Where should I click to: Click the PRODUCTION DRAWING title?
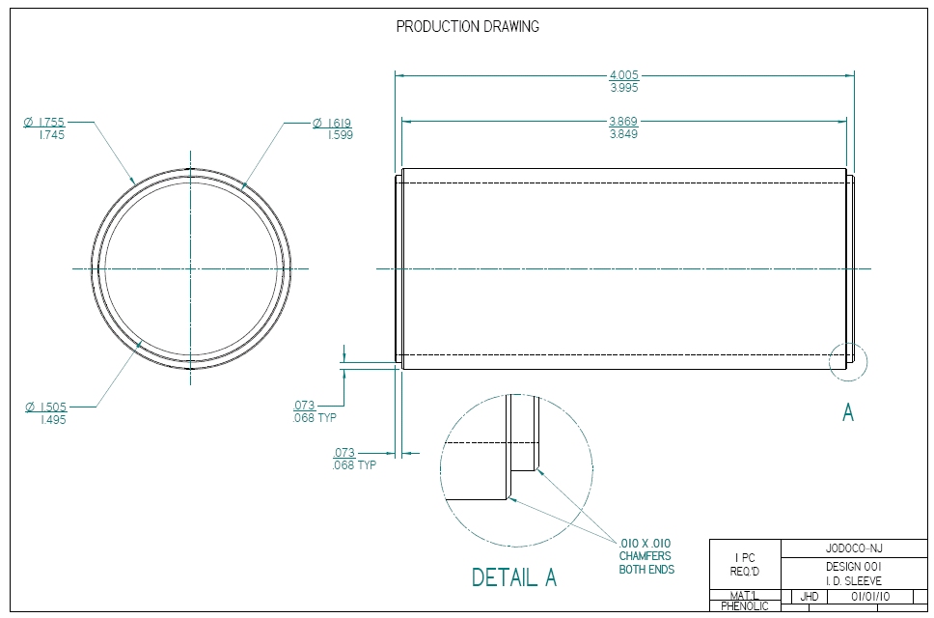point(468,27)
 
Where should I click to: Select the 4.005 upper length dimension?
point(623,75)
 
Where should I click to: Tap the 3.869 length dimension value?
point(623,122)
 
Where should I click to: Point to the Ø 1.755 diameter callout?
point(44,123)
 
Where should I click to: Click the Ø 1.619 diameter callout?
point(332,123)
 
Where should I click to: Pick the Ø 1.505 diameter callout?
point(44,407)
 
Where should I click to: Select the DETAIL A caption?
point(513,577)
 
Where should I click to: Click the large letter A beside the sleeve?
point(848,413)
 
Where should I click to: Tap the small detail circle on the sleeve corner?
point(848,362)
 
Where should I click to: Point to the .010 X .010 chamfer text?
point(645,543)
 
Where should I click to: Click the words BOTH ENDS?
point(646,570)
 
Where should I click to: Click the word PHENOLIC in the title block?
point(744,606)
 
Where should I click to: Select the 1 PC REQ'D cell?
point(745,564)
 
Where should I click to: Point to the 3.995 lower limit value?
point(623,88)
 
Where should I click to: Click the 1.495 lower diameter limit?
point(52,420)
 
